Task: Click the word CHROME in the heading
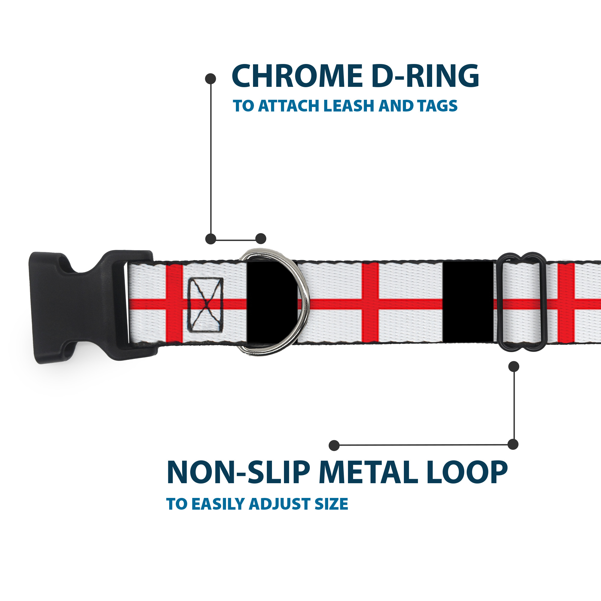coord(297,76)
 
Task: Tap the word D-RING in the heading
coord(425,76)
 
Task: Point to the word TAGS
coord(437,106)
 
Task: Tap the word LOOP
coord(467,472)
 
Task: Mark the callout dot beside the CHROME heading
coord(211,79)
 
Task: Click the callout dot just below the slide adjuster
coord(514,367)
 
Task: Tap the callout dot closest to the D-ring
coord(261,239)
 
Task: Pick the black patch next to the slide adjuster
coord(468,302)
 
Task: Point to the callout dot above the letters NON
coord(334,445)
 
